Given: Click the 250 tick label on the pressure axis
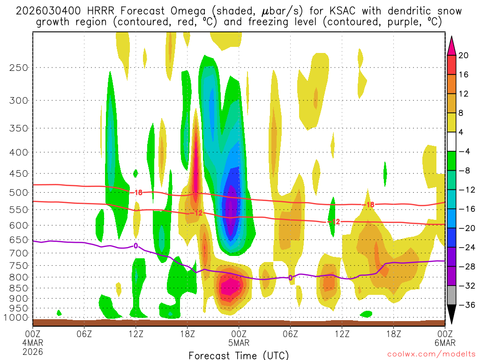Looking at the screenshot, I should point(19,67).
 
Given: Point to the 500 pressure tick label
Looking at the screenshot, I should point(19,193).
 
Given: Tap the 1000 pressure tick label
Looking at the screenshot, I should point(17,318).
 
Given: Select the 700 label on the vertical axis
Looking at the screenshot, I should point(19,253).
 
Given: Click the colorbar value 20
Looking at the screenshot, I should point(464,55).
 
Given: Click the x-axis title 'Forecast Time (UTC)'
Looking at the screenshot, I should point(239,355).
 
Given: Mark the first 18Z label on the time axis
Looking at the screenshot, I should point(187,334).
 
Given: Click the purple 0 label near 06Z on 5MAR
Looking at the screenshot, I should point(290,278).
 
